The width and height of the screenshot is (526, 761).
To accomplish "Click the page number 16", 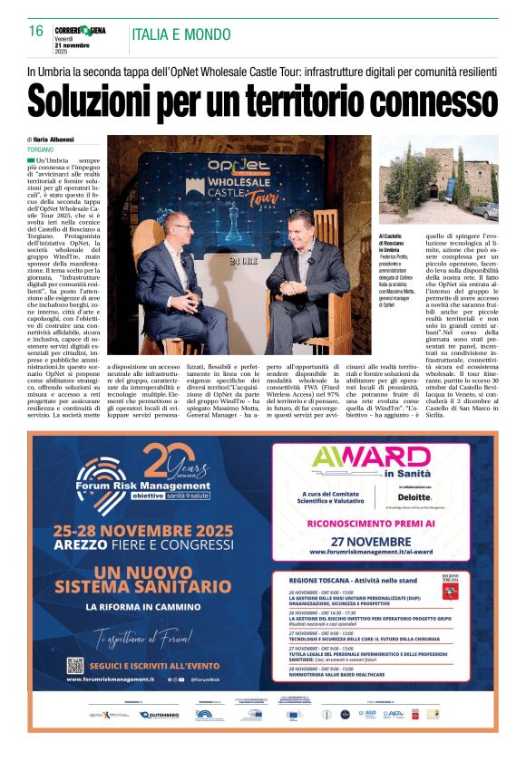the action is [36, 31].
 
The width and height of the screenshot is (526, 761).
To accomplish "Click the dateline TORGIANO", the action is [40, 148].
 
